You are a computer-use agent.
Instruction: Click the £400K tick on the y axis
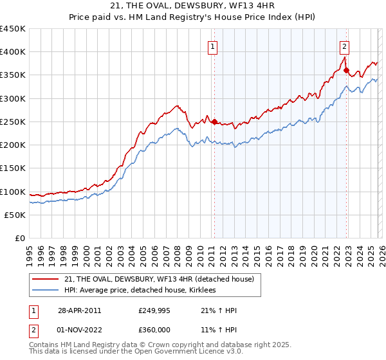click(13, 52)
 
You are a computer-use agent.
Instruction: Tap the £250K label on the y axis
click(13, 122)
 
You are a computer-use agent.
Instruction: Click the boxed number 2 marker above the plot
click(345, 46)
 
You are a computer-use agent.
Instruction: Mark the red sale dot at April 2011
click(214, 122)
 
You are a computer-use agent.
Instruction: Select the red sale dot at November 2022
click(346, 71)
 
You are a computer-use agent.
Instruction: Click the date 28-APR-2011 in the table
click(78, 310)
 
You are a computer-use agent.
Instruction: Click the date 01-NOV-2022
click(78, 330)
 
